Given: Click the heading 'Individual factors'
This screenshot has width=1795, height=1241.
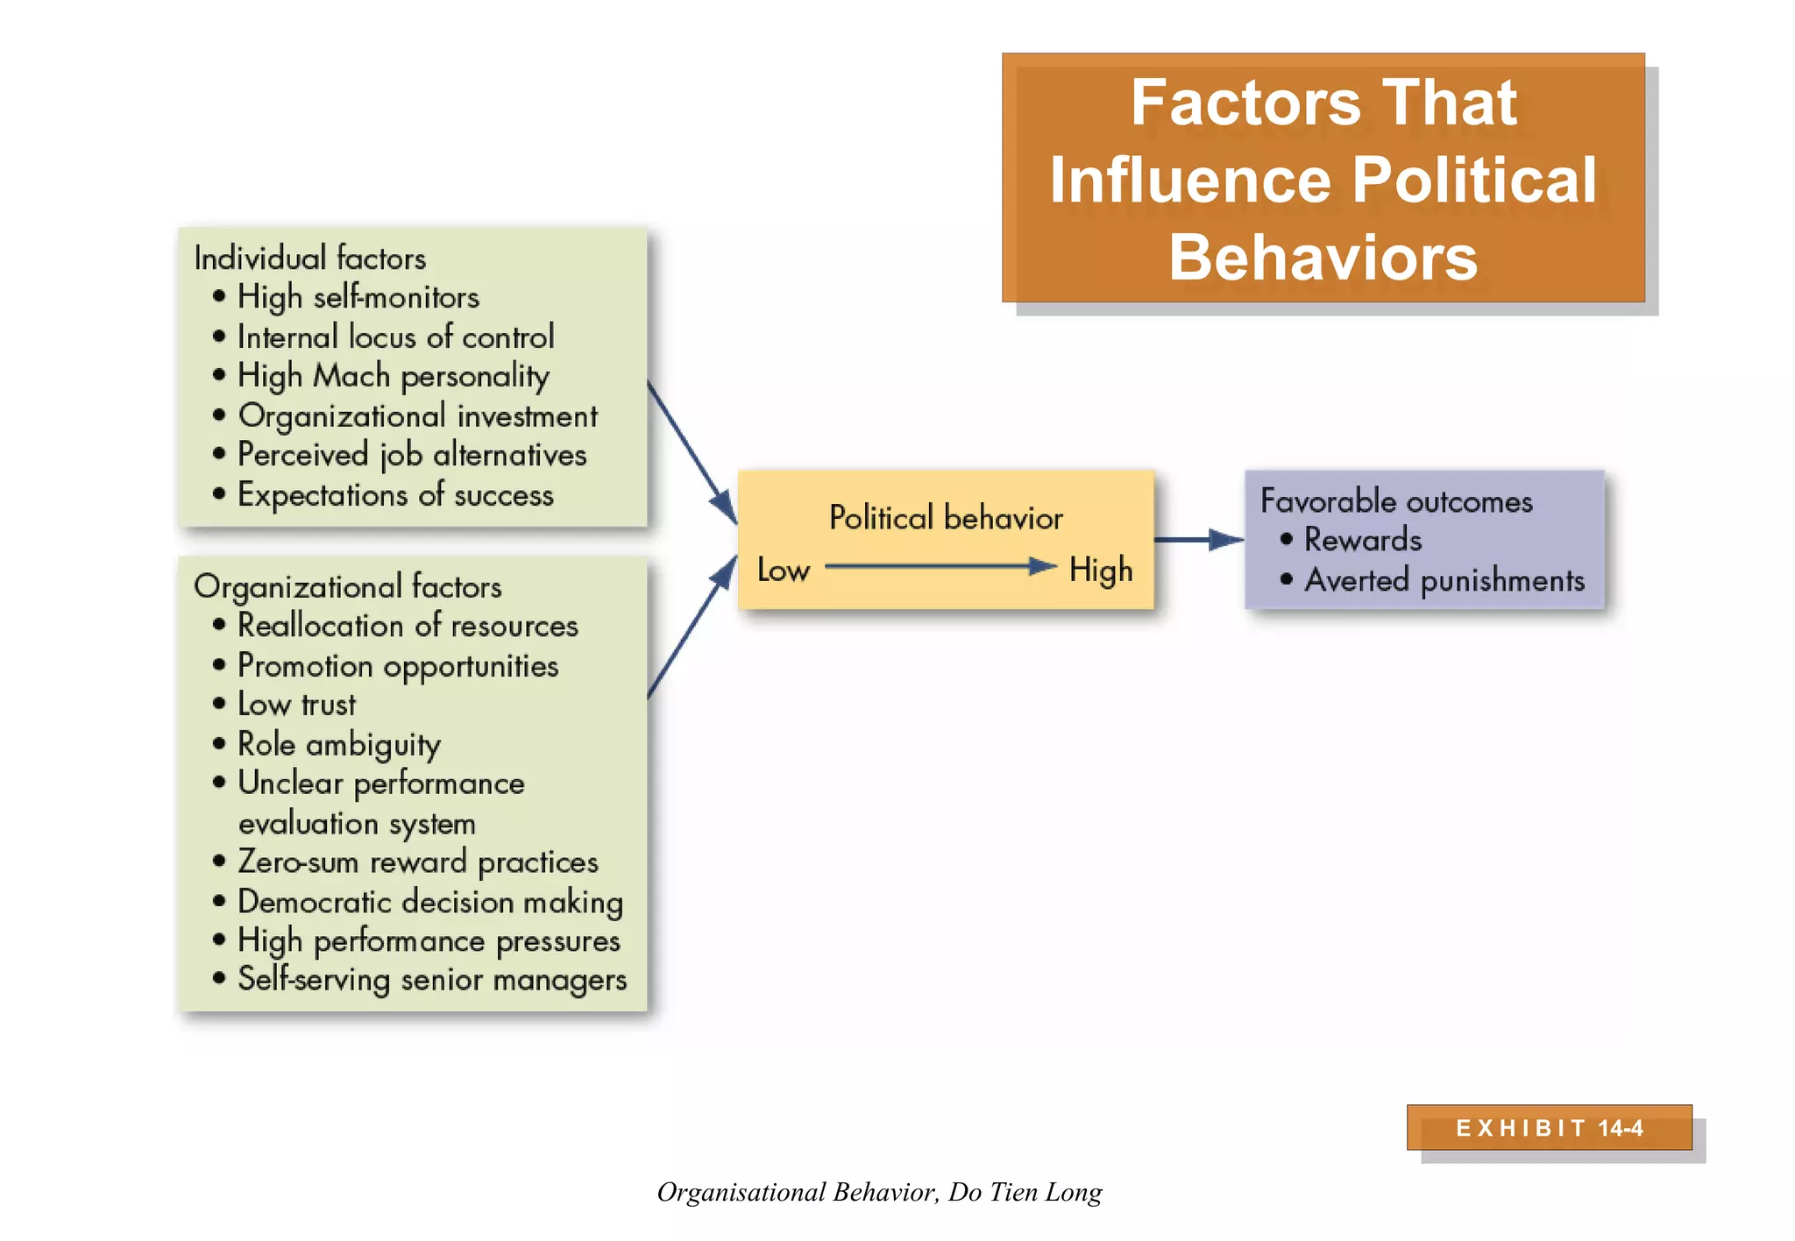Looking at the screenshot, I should click(309, 259).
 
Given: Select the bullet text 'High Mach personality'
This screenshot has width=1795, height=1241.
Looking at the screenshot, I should click(393, 376).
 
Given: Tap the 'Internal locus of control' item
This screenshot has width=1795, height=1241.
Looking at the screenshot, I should click(395, 337).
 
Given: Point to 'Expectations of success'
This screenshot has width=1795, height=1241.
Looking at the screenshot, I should click(395, 495).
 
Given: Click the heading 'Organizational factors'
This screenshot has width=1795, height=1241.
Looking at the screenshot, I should click(347, 586).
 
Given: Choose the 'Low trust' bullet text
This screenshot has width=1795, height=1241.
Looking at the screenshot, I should click(296, 705).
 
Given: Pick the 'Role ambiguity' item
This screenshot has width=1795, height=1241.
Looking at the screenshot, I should click(338, 744).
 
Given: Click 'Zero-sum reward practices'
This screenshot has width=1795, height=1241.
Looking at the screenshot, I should click(417, 862).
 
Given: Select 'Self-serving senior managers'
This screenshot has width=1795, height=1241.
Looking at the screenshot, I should click(431, 979).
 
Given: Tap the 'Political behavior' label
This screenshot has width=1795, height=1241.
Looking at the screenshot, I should click(946, 518).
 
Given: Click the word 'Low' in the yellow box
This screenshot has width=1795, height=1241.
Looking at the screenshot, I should click(783, 571).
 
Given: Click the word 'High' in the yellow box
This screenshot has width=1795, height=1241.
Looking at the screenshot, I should click(1100, 571).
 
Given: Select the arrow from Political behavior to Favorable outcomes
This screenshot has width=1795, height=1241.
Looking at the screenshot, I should click(1197, 540).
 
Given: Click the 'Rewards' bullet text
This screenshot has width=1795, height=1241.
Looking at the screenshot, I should click(1362, 540).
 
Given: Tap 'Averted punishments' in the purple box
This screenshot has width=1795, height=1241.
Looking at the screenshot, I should click(1444, 580).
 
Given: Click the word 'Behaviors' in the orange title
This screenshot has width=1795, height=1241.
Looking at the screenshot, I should click(1323, 258).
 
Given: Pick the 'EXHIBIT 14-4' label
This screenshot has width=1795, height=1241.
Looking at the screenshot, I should click(1549, 1128).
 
